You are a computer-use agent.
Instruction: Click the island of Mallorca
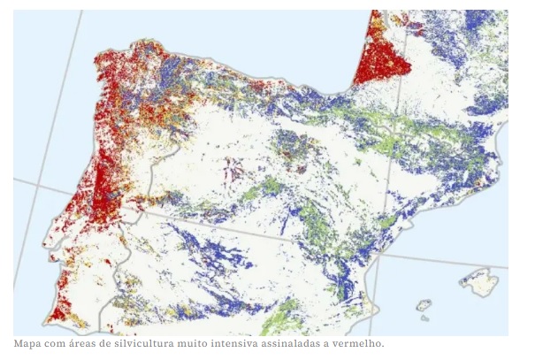pyautogui.click(x=478, y=282)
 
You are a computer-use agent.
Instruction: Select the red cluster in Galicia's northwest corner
pyautogui.click(x=111, y=66)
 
